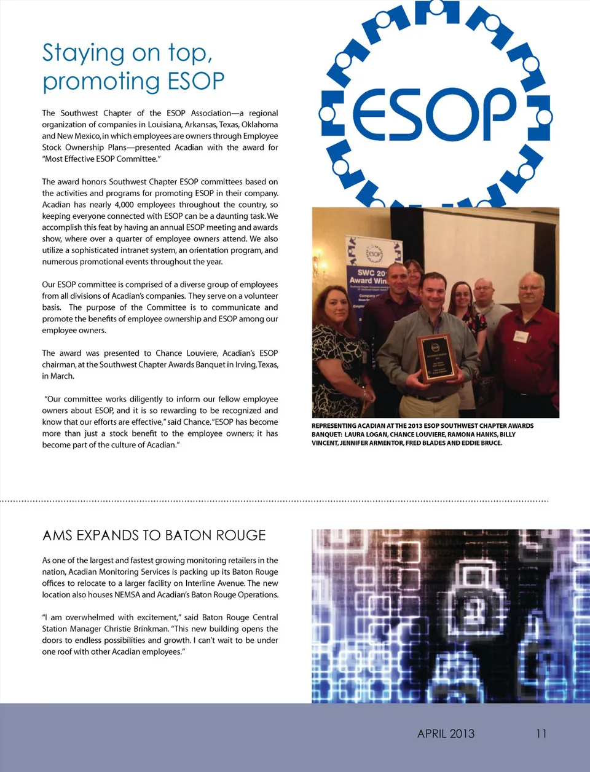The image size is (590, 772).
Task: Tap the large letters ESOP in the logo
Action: pyautogui.click(x=434, y=114)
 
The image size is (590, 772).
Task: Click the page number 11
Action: pyautogui.click(x=541, y=733)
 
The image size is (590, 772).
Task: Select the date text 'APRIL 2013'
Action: pyautogui.click(x=446, y=733)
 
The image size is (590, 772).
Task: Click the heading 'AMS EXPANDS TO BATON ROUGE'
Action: pyautogui.click(x=154, y=535)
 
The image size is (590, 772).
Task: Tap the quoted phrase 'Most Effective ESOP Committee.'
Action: pyautogui.click(x=102, y=159)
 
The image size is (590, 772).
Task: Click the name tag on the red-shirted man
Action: pyautogui.click(x=521, y=336)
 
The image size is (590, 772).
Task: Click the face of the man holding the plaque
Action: pyautogui.click(x=433, y=293)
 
